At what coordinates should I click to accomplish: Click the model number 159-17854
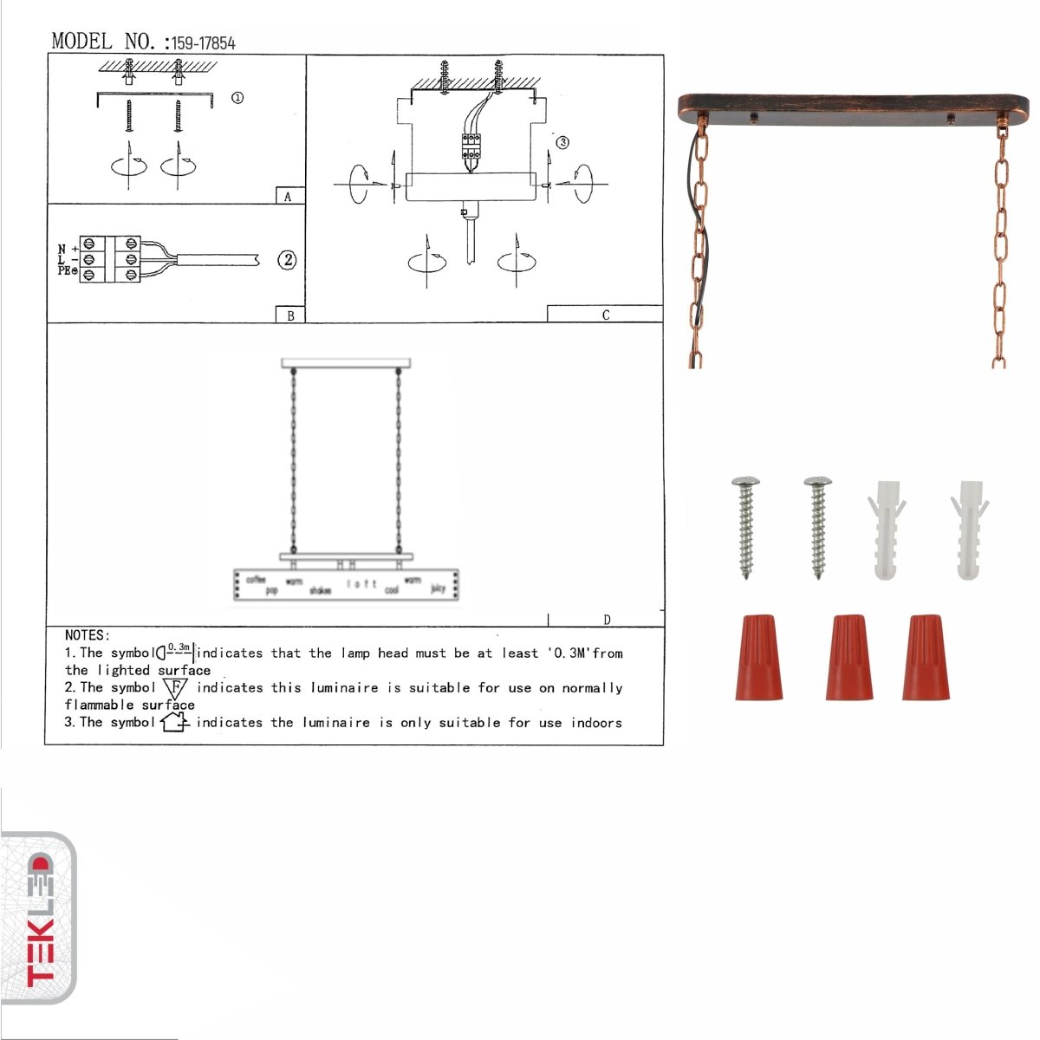(x=203, y=42)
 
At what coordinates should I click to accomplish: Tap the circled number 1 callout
(x=237, y=98)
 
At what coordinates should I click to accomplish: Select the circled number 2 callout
(x=287, y=260)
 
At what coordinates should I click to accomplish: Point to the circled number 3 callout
(x=562, y=142)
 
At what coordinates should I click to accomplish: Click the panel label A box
(x=289, y=197)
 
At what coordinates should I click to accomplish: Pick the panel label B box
(x=289, y=315)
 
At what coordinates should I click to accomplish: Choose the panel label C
(x=605, y=315)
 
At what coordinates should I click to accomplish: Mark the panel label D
(x=607, y=620)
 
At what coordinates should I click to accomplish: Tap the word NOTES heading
(x=88, y=635)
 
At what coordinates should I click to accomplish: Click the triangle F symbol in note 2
(x=176, y=689)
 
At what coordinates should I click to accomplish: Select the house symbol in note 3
(x=174, y=721)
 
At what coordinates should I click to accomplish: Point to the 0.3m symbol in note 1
(x=177, y=651)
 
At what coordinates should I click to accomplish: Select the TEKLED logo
(x=39, y=919)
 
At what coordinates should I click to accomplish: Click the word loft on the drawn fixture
(x=361, y=584)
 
